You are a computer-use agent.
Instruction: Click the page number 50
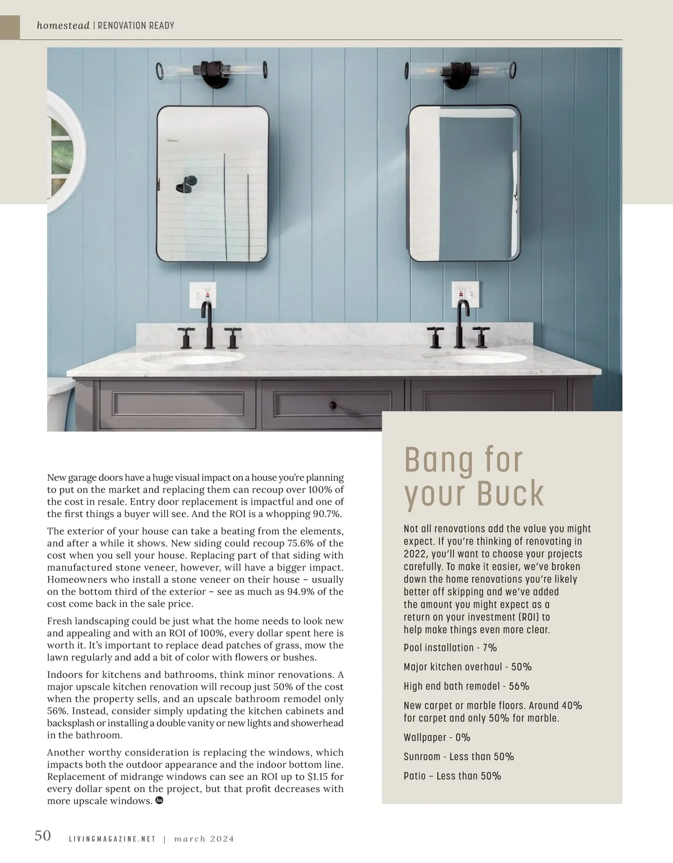point(43,836)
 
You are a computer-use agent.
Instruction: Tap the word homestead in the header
point(63,25)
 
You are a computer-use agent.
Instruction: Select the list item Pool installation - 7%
point(450,648)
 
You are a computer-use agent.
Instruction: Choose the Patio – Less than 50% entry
point(452,776)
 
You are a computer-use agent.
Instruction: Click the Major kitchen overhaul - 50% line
point(467,667)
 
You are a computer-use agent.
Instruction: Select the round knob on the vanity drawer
point(333,405)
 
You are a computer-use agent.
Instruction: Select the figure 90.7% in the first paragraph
point(326,514)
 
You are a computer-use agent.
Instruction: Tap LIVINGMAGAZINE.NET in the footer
point(112,839)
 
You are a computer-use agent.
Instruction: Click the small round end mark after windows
point(159,801)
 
